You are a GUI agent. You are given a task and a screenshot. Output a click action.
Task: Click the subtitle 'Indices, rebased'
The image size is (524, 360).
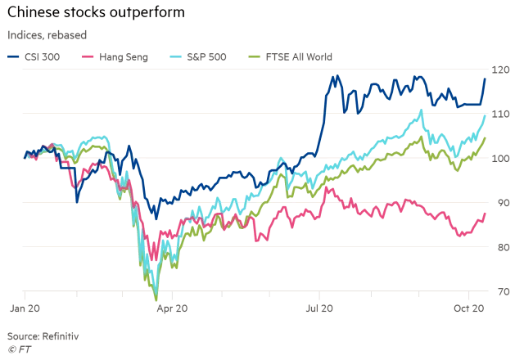[x=47, y=35]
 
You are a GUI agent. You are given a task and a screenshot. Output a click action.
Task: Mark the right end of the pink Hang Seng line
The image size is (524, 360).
[x=486, y=214]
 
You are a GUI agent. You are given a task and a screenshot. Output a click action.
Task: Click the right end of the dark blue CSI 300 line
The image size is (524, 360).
[x=486, y=79]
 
